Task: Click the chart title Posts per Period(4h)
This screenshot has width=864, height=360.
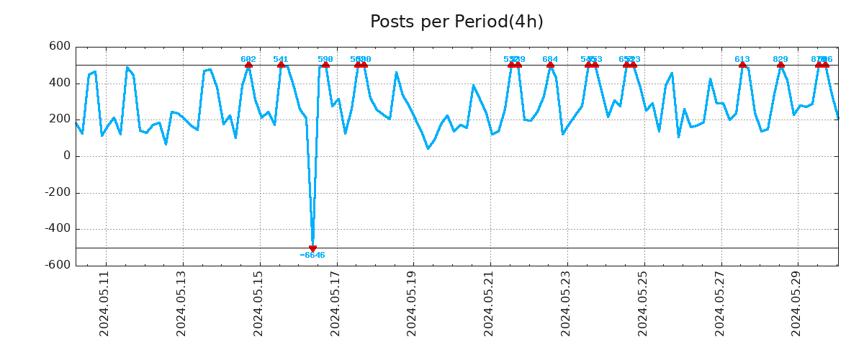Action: pos(456,22)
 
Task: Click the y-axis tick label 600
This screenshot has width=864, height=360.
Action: pos(60,46)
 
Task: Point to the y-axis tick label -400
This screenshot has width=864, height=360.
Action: pos(57,229)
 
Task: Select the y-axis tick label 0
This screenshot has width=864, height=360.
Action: pos(67,156)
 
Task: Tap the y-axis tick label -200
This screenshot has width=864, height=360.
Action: pos(57,192)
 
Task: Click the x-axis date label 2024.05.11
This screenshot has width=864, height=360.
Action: pos(104,303)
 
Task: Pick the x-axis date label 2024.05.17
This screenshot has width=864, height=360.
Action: pos(336,303)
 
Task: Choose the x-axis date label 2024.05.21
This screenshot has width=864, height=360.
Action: pos(490,303)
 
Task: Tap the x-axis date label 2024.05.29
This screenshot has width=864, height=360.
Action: pos(797,303)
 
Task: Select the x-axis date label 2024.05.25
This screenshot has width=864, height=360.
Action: pos(643,303)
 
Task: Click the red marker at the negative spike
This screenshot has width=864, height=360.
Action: pos(312,248)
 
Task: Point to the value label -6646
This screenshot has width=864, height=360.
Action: pos(312,256)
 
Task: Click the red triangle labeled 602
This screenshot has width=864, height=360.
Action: pos(248,65)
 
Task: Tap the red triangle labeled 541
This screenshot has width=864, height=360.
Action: pos(281,65)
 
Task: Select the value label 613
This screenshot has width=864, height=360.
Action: pos(742,59)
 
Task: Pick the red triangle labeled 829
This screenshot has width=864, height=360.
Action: pos(780,65)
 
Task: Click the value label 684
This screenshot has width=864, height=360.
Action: pos(550,59)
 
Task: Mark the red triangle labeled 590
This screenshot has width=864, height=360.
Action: pos(325,65)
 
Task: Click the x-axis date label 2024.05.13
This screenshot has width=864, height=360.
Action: pos(181,303)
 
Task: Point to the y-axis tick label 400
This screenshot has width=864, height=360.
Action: pos(60,83)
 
